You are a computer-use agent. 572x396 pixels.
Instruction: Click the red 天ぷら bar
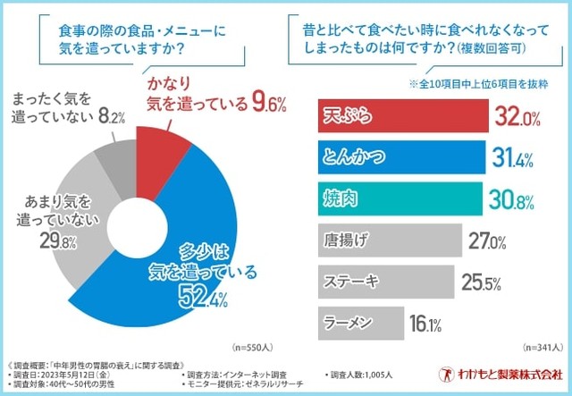402,117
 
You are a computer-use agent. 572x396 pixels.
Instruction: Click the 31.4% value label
512,159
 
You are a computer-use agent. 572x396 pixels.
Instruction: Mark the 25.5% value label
481,282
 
